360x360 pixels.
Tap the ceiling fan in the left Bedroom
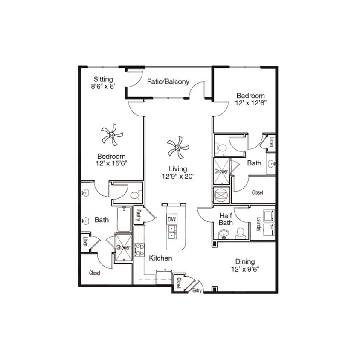[112, 135]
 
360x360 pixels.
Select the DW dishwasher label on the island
[172, 219]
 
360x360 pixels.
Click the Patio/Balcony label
[168, 82]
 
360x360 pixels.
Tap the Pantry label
[139, 213]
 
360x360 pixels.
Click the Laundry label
[258, 224]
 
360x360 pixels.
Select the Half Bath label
[225, 219]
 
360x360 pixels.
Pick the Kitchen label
[160, 258]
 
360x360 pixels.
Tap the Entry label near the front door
[197, 290]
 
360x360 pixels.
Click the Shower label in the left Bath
[123, 248]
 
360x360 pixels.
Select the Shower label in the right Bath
[221, 171]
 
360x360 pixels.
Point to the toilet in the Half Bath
[240, 232]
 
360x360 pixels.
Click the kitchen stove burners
[139, 250]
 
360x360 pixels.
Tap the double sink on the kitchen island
[172, 232]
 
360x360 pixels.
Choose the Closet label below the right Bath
[257, 192]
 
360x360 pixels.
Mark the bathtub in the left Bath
[124, 219]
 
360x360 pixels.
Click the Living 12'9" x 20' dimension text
[178, 173]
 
